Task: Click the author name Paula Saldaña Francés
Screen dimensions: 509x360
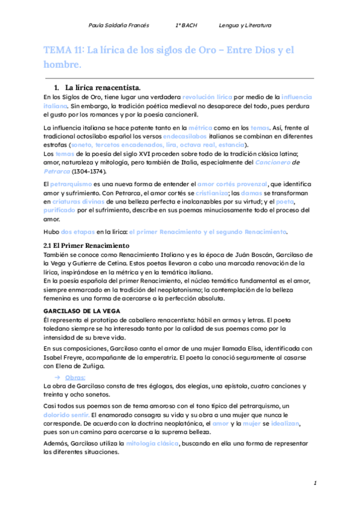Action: point(119,26)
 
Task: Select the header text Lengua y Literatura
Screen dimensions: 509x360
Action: point(245,26)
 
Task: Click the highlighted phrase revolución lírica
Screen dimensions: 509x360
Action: point(208,97)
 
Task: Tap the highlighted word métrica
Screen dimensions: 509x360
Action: point(200,128)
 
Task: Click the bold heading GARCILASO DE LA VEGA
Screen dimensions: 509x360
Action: point(82,310)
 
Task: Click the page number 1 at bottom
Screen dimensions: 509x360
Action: point(315,484)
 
